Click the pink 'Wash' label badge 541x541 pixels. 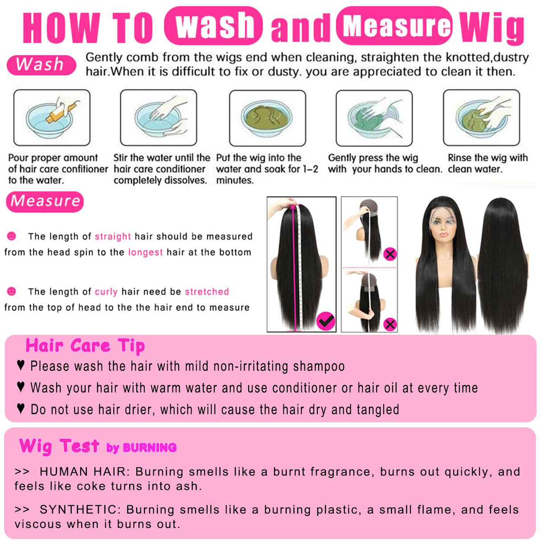pyautogui.click(x=41, y=65)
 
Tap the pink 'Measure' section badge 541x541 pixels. pyautogui.click(x=45, y=201)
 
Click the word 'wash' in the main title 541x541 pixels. pyautogui.click(x=213, y=26)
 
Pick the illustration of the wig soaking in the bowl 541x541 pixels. pyautogui.click(x=267, y=118)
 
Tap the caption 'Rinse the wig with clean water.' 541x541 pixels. pyautogui.click(x=487, y=164)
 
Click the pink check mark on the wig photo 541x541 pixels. pyautogui.click(x=326, y=320)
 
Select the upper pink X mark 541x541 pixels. pyautogui.click(x=390, y=254)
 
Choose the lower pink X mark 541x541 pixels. pyautogui.click(x=390, y=324)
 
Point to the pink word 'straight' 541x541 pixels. pyautogui.click(x=113, y=237)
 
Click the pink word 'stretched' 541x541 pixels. pyautogui.click(x=207, y=292)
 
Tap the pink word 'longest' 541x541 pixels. pyautogui.click(x=145, y=252)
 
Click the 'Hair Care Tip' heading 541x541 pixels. pyautogui.click(x=85, y=346)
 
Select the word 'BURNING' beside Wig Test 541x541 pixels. pyautogui.click(x=149, y=448)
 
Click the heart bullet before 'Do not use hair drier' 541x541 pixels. pyautogui.click(x=20, y=409)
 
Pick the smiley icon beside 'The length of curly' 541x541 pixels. pyautogui.click(x=12, y=291)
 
